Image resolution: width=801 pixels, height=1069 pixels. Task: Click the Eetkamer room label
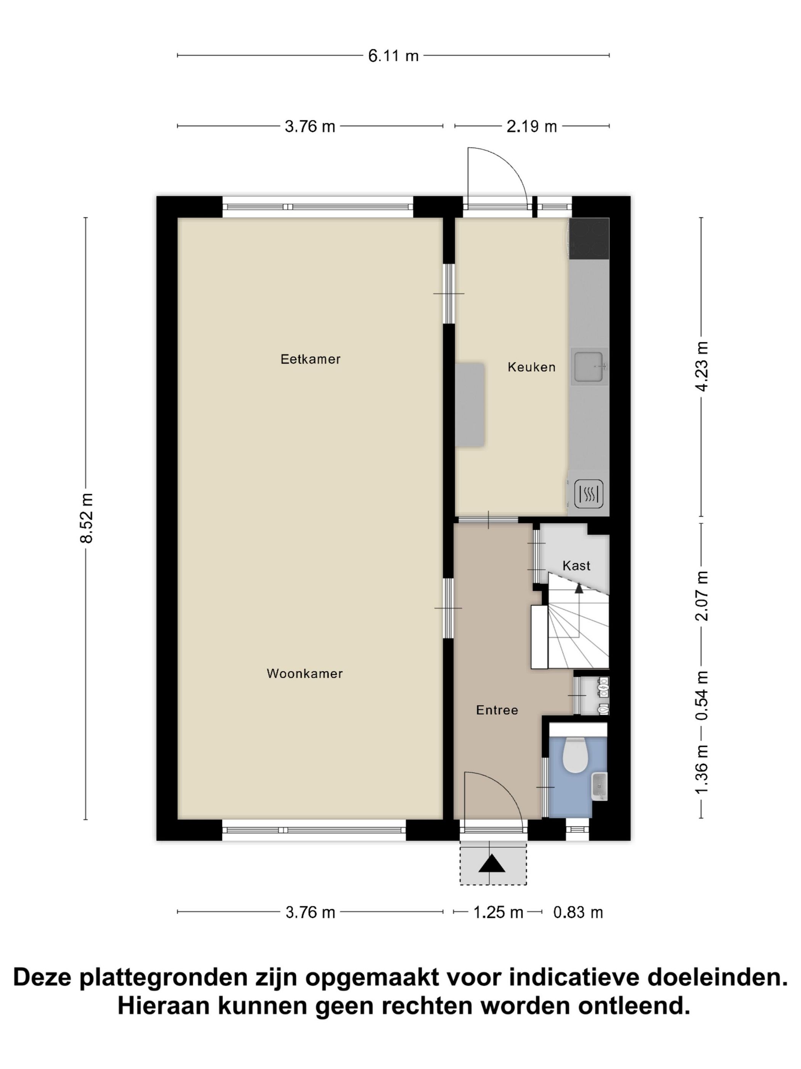[x=310, y=359]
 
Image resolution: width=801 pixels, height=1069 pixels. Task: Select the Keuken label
[x=531, y=367]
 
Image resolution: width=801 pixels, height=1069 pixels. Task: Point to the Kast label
[x=576, y=565]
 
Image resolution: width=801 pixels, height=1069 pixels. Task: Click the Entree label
[x=497, y=710]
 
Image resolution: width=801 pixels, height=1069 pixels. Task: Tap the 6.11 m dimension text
[x=393, y=56]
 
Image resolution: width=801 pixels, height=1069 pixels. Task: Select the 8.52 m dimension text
[x=87, y=518]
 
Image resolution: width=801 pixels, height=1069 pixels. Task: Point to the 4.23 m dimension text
[x=702, y=366]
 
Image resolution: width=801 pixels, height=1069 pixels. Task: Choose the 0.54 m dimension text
[x=702, y=695]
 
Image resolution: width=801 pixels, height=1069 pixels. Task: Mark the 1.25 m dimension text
[x=498, y=912]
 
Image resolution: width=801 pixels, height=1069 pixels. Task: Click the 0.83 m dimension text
[x=578, y=912]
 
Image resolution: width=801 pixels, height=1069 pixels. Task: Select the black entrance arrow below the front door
[x=492, y=864]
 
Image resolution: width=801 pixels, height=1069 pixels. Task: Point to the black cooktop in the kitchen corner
[x=589, y=239]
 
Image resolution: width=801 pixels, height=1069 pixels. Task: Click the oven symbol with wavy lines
[x=589, y=493]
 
